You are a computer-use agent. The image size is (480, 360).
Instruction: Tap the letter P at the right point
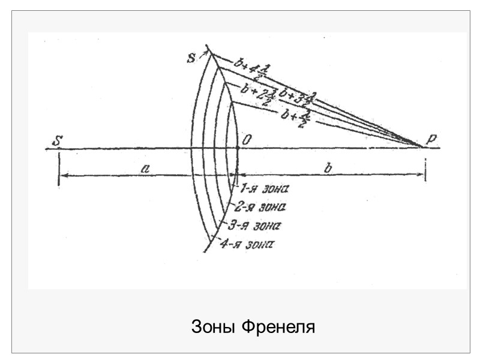pos(431,139)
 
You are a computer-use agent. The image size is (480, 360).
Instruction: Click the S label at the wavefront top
pos(191,58)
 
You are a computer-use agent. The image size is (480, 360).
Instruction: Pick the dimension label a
pos(145,169)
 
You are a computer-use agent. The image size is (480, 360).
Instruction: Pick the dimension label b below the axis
pos(328,169)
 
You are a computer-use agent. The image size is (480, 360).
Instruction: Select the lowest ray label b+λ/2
pos(297,116)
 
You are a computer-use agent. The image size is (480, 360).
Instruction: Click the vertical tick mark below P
pos(425,170)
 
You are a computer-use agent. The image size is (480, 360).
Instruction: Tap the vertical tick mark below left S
pos(58,170)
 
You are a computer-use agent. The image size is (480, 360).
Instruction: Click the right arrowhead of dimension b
pos(422,175)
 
